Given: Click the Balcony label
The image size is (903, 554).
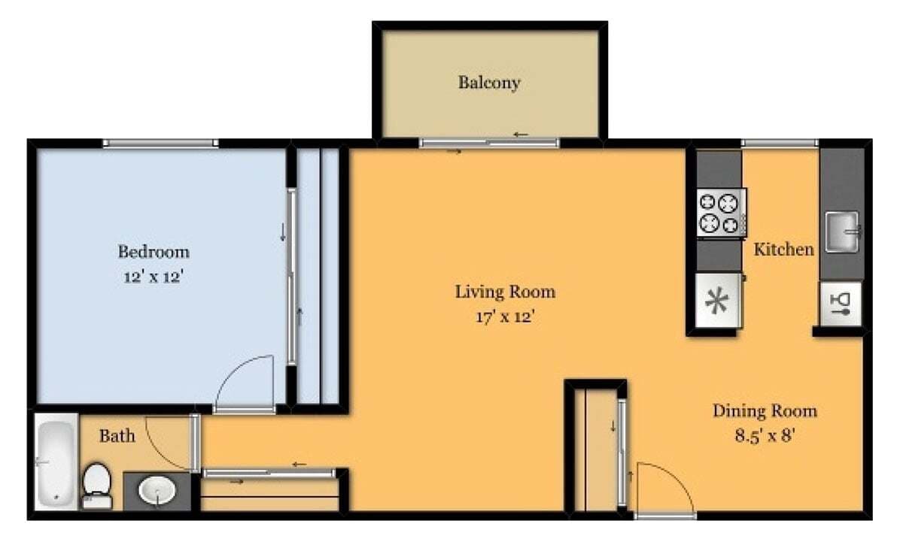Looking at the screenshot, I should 489,82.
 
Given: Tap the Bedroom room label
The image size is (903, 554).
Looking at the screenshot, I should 154,251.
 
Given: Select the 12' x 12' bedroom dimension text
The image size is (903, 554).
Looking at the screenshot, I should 154,277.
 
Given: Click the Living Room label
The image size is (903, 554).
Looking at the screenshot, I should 505,291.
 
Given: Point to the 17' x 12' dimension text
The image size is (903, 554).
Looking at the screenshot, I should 505,316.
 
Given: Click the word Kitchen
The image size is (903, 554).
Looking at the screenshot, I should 784,249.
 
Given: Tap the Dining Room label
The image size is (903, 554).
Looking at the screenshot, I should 765,410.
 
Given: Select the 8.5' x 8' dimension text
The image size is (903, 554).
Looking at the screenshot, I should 765,436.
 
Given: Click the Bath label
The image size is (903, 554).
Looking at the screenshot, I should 117,435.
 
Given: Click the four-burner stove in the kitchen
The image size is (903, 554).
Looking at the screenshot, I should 721,213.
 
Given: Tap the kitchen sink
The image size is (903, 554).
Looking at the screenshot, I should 841,232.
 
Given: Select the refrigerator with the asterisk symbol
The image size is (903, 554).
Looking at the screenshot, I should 718,301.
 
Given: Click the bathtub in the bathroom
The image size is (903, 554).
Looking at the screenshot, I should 56,463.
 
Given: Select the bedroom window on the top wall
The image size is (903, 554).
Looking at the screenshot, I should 160,143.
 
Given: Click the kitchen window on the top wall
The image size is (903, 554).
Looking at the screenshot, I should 779,143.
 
